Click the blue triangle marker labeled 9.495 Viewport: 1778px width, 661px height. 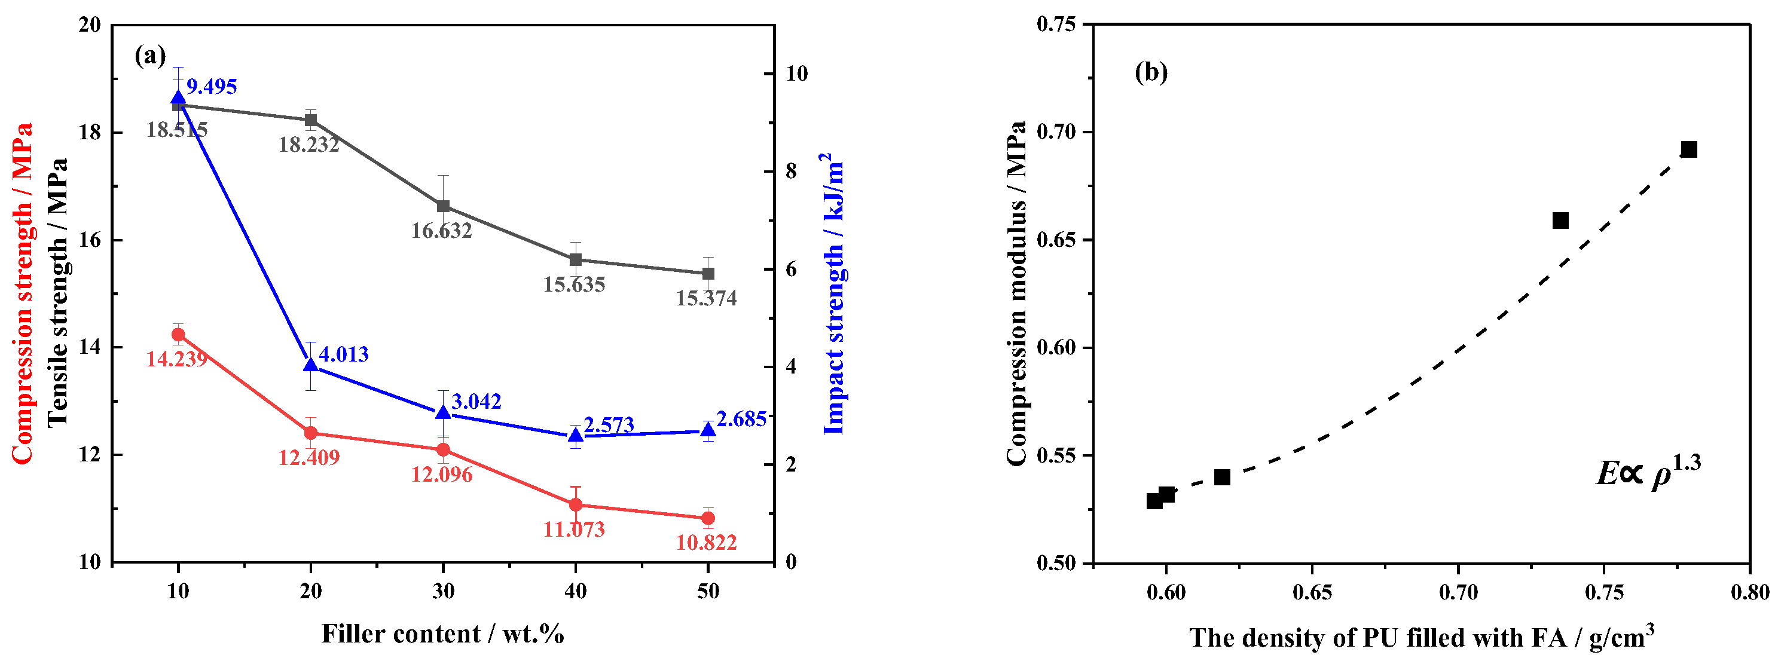(x=178, y=98)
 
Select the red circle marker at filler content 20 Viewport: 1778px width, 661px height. (x=311, y=433)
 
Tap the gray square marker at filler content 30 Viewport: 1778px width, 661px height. (x=443, y=206)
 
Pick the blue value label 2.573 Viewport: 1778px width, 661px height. (x=608, y=425)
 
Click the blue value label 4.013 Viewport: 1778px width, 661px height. (x=343, y=354)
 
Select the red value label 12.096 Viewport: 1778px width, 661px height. (x=442, y=475)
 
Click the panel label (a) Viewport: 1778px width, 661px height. (x=150, y=55)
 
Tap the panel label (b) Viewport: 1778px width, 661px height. (x=1151, y=72)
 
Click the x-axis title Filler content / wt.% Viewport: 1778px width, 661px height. (x=442, y=634)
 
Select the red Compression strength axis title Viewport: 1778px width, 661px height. (x=22, y=293)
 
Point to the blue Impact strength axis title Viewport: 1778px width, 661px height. (x=834, y=293)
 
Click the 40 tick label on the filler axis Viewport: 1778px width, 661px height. (x=575, y=591)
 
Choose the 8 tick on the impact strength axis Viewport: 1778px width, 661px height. (x=791, y=171)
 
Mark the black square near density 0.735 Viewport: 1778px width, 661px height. (x=1560, y=221)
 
